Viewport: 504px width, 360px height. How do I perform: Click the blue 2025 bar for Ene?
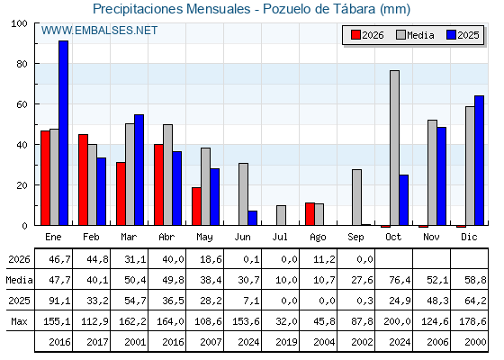tap(63, 133)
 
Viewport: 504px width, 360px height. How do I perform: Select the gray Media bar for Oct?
tap(394, 148)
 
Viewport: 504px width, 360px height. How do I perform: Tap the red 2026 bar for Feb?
tap(83, 180)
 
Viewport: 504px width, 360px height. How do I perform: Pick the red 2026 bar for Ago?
tap(310, 214)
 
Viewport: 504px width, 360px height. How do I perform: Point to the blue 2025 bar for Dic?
tap(479, 160)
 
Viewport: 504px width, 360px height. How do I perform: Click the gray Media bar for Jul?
tap(281, 215)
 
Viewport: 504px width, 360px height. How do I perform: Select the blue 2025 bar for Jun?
tap(253, 218)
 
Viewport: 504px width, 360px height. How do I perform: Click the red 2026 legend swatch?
tap(355, 35)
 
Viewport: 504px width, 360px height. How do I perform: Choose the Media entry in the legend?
tap(415, 35)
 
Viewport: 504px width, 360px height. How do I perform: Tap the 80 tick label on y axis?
tap(22, 64)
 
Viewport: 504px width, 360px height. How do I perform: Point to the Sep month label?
tap(355, 238)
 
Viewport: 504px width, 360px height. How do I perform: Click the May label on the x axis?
tap(204, 238)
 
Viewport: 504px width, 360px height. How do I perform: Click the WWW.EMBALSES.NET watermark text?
tap(99, 31)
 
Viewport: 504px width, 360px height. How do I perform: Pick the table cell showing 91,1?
tap(59, 301)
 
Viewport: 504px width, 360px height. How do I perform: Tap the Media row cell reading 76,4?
tap(400, 280)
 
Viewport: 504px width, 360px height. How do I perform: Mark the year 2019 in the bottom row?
tap(286, 342)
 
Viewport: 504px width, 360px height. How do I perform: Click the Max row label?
tap(19, 321)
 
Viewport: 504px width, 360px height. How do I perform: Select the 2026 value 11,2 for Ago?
tap(324, 259)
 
